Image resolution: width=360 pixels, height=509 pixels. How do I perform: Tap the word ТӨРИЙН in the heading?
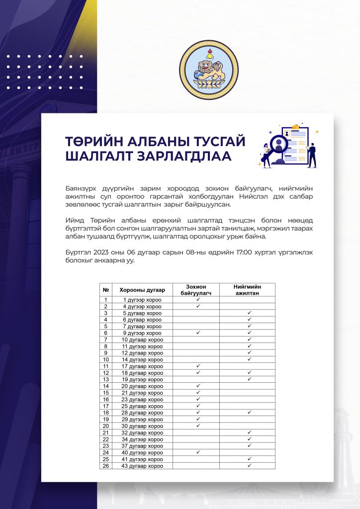point(96,141)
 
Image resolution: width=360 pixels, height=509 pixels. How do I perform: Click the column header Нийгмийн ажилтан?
point(247,290)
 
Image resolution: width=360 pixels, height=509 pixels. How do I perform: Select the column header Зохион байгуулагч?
point(196,290)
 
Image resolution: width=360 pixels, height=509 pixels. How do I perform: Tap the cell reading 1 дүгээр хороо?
point(143,300)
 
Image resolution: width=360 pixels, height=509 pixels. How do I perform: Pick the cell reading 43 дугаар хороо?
point(143,466)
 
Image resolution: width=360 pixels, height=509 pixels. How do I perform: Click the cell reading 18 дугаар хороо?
point(143,373)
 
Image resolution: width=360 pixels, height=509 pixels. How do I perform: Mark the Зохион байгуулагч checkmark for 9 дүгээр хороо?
point(197,333)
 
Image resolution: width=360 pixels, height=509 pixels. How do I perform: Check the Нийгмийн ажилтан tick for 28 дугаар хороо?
point(249,413)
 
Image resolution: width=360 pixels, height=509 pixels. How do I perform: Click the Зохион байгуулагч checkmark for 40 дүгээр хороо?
point(197,452)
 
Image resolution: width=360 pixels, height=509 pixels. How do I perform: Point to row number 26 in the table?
point(105,466)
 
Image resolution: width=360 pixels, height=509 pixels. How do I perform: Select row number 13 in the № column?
point(105,379)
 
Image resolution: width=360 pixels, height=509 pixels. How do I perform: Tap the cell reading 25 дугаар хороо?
point(143,406)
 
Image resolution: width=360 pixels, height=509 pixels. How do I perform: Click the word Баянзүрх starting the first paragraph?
point(82,189)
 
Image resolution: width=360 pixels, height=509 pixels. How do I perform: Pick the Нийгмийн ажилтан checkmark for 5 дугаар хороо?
point(249,313)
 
